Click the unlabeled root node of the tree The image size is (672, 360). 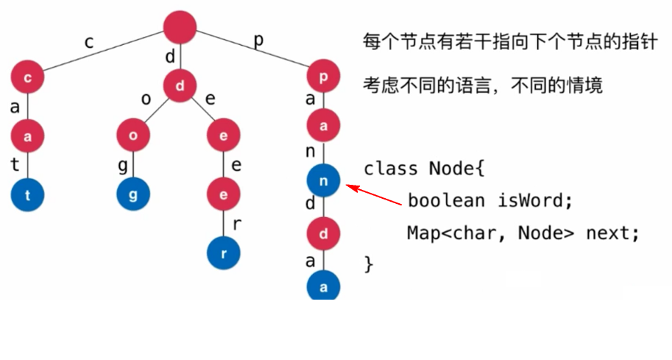point(180,27)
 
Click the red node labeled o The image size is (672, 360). point(134,135)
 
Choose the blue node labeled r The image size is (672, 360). point(224,253)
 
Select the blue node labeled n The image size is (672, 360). point(324,180)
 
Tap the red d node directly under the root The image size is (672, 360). point(180,85)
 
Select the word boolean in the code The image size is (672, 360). point(446,200)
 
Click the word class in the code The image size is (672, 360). point(391,169)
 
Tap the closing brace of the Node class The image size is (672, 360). point(369,263)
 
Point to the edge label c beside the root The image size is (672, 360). point(89,42)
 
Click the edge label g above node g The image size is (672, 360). point(123,166)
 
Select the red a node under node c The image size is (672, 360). point(28,135)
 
